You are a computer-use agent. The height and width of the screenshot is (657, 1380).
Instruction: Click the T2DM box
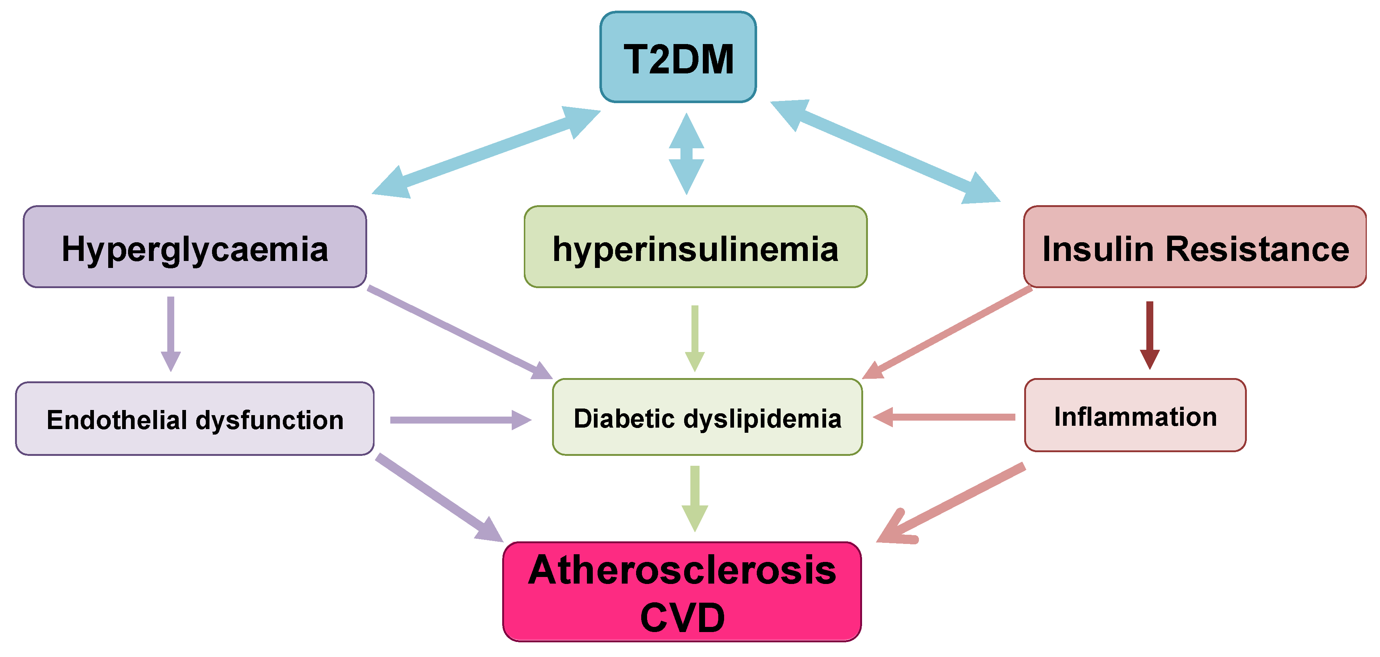click(678, 57)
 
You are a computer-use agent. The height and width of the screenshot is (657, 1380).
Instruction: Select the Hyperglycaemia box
click(194, 247)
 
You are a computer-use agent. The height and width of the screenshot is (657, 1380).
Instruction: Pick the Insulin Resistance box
click(1195, 247)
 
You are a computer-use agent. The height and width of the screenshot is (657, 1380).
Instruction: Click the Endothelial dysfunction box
click(194, 419)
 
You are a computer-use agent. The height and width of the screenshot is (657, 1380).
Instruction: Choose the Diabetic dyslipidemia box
click(707, 417)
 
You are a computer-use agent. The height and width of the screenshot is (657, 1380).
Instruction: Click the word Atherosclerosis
click(682, 570)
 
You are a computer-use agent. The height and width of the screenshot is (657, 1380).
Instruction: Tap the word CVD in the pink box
click(682, 617)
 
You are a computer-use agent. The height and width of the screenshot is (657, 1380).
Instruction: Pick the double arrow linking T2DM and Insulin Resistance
click(885, 152)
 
